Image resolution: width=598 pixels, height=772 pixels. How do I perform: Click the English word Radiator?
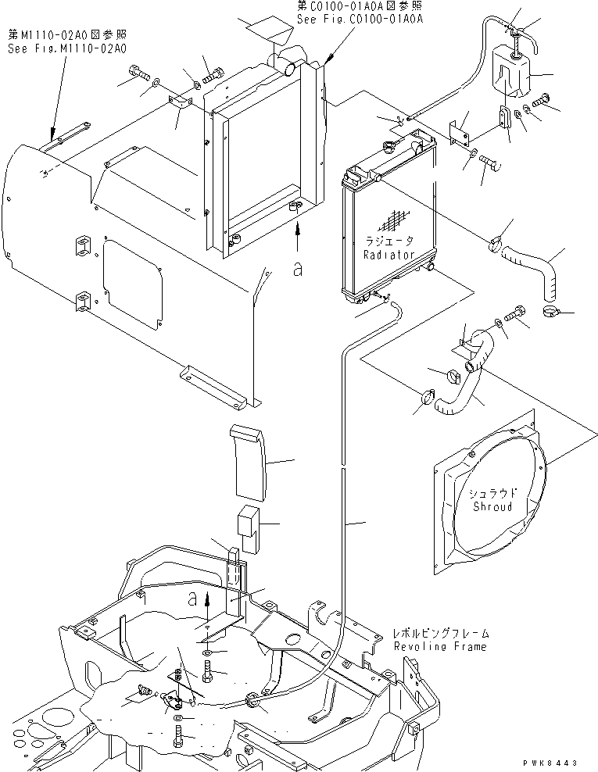389,255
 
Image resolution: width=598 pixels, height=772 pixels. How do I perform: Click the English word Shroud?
492,506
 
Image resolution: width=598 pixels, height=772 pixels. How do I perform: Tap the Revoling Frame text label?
440,646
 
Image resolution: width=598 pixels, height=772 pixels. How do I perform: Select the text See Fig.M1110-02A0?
67,48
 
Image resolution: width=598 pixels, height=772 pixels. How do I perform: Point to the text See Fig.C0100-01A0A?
360,19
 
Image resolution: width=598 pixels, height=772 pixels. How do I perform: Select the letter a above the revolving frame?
192,599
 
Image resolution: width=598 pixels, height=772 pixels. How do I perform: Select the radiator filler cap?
389,145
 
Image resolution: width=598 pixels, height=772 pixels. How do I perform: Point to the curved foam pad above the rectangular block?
249,460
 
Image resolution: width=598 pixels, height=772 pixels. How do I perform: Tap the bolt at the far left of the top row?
140,74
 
